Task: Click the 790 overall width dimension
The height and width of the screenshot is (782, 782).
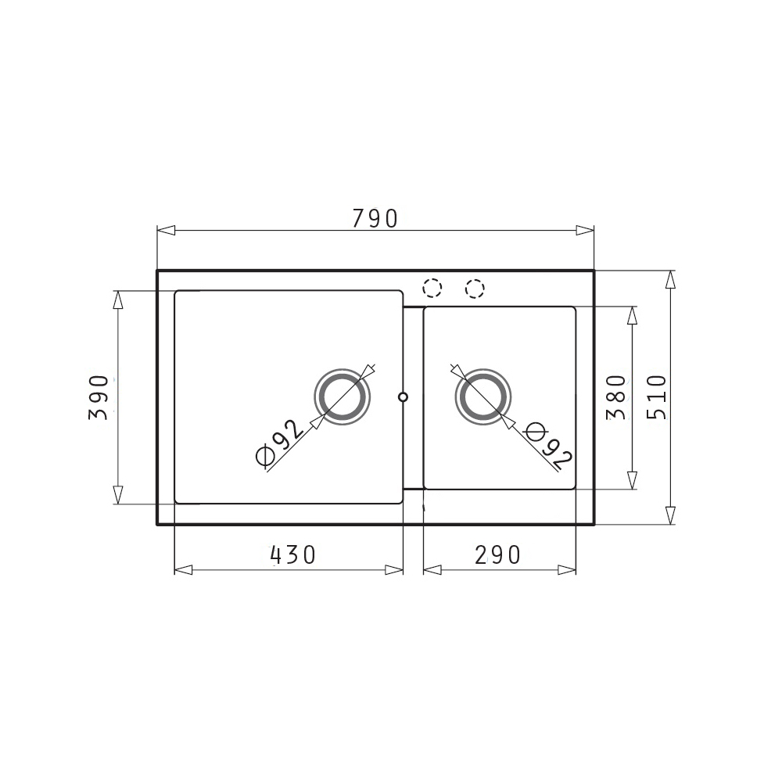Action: pyautogui.click(x=375, y=218)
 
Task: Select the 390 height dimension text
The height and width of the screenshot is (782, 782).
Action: pyautogui.click(x=99, y=397)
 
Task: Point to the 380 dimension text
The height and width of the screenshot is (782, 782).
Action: pyautogui.click(x=616, y=397)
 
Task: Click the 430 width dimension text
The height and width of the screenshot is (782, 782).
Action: pyautogui.click(x=292, y=554)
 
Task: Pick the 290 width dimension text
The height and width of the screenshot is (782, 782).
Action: pyautogui.click(x=497, y=554)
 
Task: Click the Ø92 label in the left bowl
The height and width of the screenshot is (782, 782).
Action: pyautogui.click(x=279, y=443)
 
